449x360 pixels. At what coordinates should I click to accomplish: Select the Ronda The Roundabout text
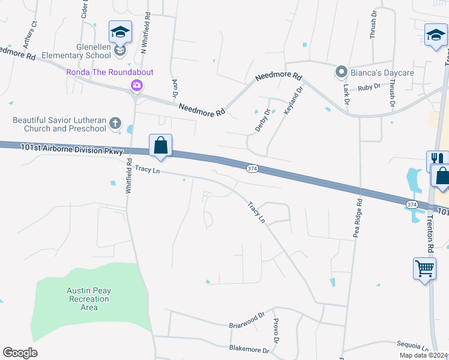point(109,72)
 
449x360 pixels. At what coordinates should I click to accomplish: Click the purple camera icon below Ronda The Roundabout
point(137,85)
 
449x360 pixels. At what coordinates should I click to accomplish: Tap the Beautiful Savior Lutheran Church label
point(59,124)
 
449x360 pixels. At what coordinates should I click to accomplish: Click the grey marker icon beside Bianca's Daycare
point(342,73)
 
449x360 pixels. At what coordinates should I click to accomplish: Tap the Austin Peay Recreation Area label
point(89,299)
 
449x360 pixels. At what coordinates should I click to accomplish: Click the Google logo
point(20,353)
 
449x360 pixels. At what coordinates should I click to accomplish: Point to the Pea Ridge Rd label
point(358,218)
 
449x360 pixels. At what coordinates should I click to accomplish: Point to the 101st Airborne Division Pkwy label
point(71,149)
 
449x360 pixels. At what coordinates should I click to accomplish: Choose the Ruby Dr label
point(369,87)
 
